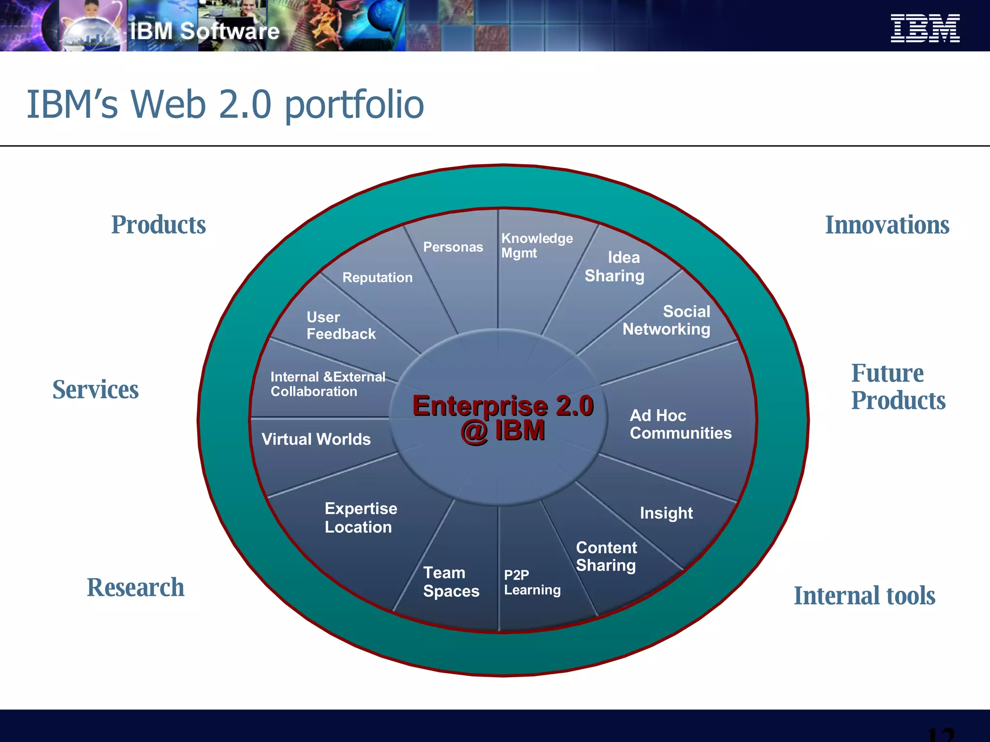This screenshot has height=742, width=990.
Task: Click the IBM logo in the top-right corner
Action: [x=925, y=28]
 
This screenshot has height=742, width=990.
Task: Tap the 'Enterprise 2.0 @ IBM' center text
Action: [x=503, y=418]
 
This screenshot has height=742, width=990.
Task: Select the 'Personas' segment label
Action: [x=453, y=247]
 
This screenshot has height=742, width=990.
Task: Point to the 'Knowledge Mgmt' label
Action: [x=536, y=245]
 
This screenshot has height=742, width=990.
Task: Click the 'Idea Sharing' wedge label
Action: [x=615, y=266]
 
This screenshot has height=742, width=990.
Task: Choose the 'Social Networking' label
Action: [x=667, y=320]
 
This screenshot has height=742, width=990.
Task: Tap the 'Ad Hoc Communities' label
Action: [x=680, y=424]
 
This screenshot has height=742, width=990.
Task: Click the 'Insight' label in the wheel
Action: [x=666, y=513]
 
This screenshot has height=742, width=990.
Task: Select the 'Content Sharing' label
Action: [x=606, y=556]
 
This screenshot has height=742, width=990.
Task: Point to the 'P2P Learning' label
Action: [x=532, y=582]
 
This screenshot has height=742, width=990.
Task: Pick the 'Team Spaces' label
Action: [x=451, y=582]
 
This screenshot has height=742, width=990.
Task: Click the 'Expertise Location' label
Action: [x=361, y=517]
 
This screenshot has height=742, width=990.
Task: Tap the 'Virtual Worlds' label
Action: [x=316, y=439]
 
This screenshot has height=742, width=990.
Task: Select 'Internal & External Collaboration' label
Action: [x=328, y=384]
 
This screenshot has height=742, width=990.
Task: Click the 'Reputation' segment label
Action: [x=378, y=277]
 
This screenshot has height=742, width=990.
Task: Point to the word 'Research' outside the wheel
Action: [x=135, y=587]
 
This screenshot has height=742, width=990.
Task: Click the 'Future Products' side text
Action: [x=898, y=386]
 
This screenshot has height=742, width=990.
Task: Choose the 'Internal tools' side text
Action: [x=864, y=596]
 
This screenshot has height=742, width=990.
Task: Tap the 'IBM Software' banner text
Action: [x=204, y=31]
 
